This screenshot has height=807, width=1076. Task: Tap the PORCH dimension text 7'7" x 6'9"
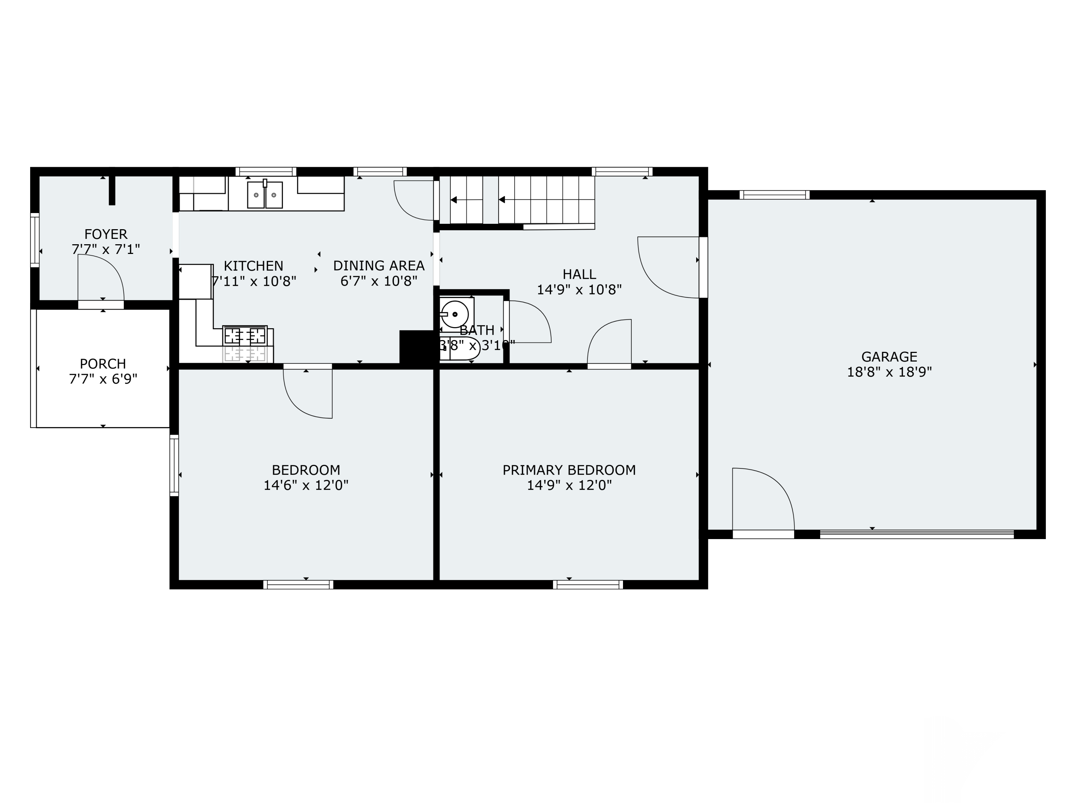103,379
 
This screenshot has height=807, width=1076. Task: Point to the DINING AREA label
378,266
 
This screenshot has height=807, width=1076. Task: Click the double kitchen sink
265,194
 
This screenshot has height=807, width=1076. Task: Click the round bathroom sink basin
455,314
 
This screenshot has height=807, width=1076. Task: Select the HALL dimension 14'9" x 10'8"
579,290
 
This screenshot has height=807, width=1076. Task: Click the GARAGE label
889,357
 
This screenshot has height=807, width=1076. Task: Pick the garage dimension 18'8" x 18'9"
889,372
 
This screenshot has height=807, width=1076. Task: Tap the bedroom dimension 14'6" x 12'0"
306,486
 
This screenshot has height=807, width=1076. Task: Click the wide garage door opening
916,534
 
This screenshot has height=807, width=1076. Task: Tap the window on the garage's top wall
774,195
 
